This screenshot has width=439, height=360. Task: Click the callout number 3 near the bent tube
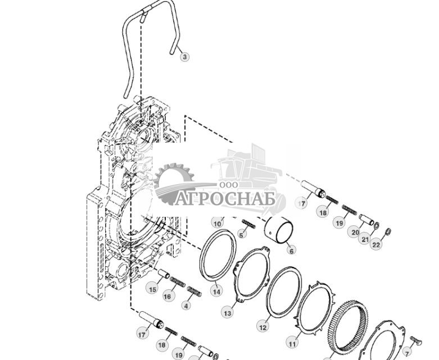[184, 57]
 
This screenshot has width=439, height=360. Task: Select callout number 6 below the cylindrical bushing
[291, 251]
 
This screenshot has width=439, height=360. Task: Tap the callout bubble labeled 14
[216, 291]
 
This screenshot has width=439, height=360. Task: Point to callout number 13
[227, 312]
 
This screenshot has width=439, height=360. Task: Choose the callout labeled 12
[263, 326]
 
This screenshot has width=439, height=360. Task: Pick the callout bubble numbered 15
[152, 289]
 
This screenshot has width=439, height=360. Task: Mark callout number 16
[167, 296]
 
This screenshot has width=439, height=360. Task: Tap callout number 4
[186, 306]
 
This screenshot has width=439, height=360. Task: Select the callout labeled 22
[376, 244]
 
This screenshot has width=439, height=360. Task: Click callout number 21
[365, 239]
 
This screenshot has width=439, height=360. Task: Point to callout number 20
[355, 232]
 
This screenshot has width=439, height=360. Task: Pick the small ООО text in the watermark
[229, 184]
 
